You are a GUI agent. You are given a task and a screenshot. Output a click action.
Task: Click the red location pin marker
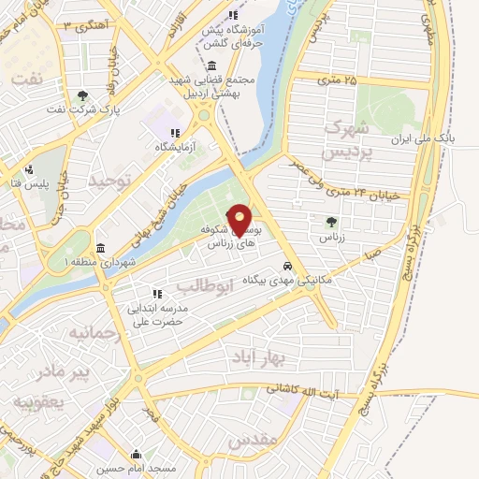coord(239,219)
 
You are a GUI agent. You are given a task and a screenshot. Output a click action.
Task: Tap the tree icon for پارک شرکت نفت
coord(82,94)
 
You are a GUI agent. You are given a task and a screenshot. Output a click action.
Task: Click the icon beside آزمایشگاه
coord(175,132)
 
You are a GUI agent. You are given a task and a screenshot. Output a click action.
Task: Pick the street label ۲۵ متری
coord(338,80)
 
